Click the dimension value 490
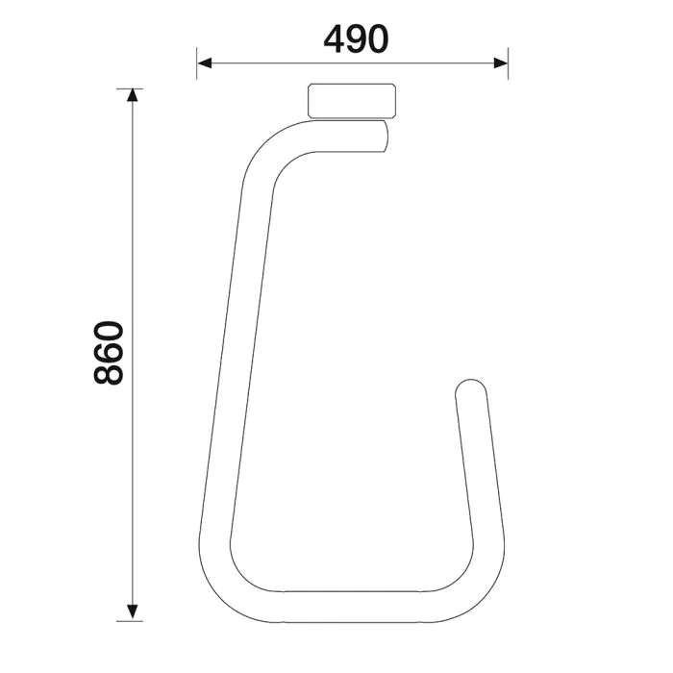(x=356, y=38)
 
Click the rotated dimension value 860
(x=110, y=354)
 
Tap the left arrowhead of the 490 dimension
(x=204, y=64)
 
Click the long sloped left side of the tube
(x=231, y=365)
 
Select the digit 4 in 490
(x=335, y=38)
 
